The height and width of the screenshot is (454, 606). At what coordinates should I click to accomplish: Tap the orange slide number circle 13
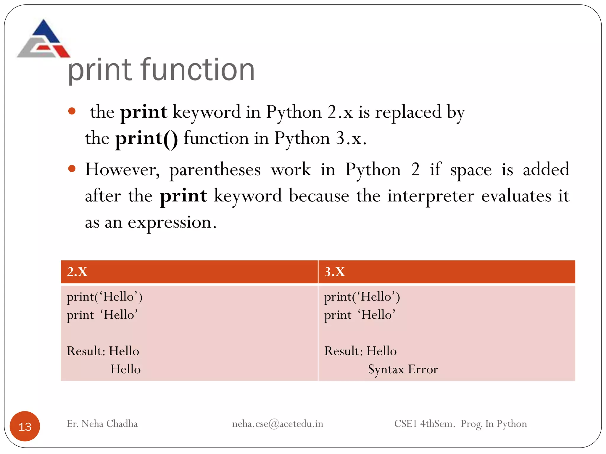click(x=25, y=426)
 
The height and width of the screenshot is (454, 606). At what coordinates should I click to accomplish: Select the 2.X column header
click(x=77, y=272)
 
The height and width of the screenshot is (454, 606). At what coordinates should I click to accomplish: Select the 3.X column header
click(x=335, y=272)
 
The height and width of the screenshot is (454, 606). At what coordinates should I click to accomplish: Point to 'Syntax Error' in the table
click(x=403, y=369)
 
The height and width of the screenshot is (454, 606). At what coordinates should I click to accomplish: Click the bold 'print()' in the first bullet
click(x=147, y=138)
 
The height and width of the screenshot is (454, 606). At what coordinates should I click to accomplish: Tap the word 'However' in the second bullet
click(x=122, y=170)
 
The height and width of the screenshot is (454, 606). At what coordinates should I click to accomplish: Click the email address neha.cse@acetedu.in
click(x=278, y=424)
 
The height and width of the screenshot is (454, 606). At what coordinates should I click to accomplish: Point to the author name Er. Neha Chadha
click(x=102, y=424)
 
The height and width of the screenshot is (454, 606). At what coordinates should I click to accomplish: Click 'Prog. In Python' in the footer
click(x=494, y=424)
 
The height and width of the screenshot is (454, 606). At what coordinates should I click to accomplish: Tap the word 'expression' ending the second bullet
click(x=170, y=223)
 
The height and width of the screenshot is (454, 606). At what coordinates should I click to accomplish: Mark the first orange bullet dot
click(x=72, y=112)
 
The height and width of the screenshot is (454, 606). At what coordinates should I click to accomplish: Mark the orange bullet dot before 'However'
click(x=72, y=169)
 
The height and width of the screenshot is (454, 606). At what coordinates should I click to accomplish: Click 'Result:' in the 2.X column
click(x=86, y=351)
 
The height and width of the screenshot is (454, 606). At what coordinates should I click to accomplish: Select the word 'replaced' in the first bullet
click(x=408, y=112)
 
